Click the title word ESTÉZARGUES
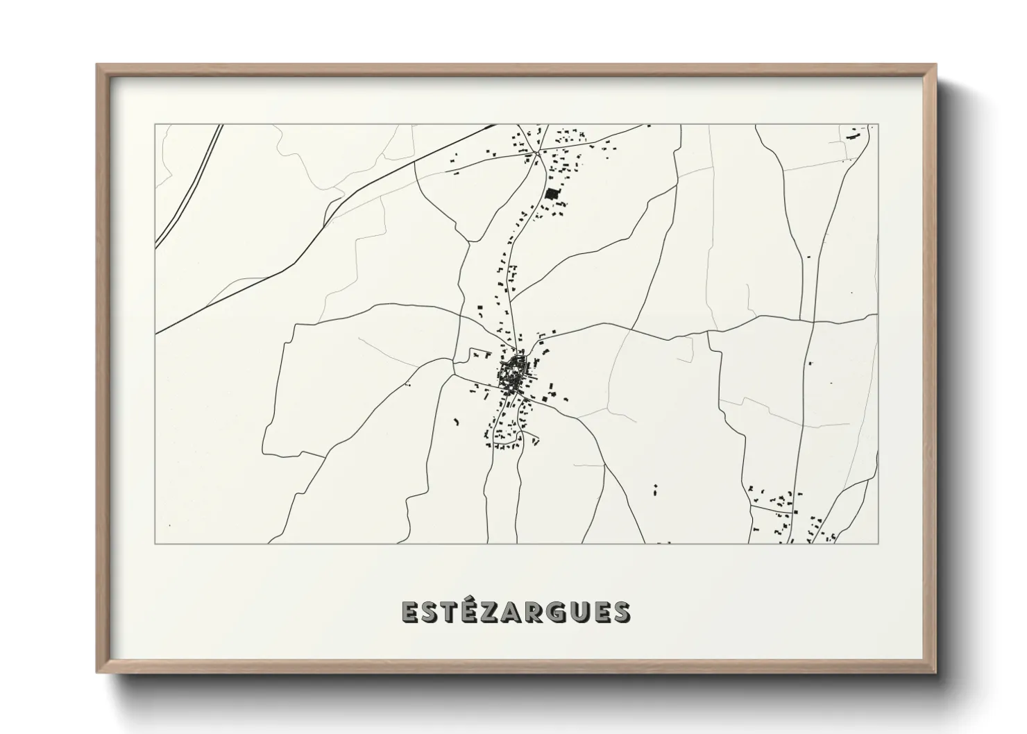[516, 612]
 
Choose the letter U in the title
[572, 612]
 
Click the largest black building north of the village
[552, 194]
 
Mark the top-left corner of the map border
[155, 125]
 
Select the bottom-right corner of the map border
[878, 543]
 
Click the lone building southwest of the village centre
[457, 420]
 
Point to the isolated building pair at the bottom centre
[655, 488]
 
